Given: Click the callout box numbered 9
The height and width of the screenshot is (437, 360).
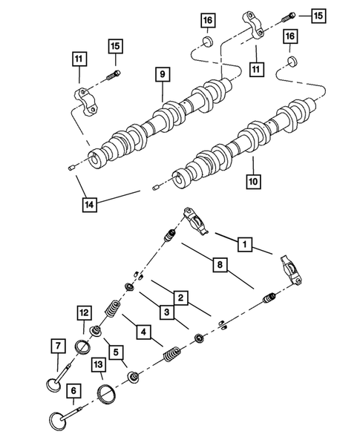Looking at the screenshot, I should coord(160,73).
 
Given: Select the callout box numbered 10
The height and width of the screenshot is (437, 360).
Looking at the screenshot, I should coord(252,181).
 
